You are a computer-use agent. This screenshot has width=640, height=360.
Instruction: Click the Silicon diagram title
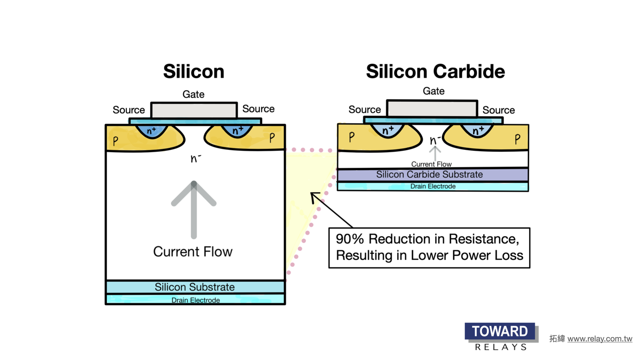[194, 71]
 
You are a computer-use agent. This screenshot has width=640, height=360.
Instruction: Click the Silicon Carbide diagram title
[435, 71]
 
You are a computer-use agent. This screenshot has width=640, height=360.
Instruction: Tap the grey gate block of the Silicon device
[194, 110]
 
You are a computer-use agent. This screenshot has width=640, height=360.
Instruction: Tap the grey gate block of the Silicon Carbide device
[432, 109]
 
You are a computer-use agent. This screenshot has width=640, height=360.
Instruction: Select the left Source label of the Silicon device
[129, 110]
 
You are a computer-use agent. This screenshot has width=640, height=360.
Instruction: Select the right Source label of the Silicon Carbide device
[498, 110]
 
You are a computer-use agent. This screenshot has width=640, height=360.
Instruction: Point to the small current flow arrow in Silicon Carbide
[435, 153]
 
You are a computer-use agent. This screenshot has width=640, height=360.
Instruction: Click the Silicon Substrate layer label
[195, 287]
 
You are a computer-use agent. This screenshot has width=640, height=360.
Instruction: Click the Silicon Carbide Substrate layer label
[429, 174]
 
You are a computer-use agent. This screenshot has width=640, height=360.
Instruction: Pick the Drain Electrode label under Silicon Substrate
[196, 300]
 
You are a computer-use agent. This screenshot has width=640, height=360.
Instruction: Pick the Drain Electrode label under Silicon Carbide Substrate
[433, 186]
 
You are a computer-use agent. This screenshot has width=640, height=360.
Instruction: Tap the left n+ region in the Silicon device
[152, 131]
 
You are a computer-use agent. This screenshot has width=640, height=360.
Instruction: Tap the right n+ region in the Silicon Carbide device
[478, 130]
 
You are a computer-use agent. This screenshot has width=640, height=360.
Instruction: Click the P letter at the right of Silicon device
[272, 137]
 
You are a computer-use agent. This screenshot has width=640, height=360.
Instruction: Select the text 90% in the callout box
[349, 239]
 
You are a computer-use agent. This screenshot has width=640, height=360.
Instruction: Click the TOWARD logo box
[500, 331]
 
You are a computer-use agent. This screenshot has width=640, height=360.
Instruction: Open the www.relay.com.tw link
[600, 339]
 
